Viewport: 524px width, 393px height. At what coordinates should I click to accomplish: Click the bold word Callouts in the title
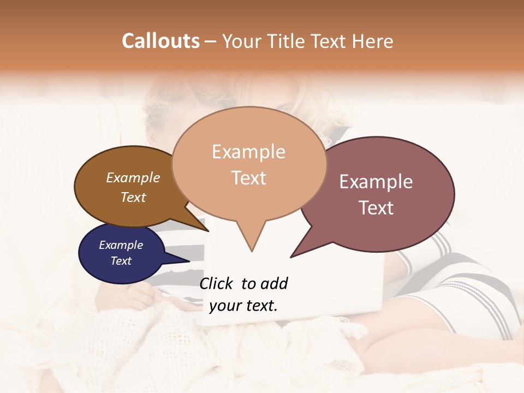(x=160, y=41)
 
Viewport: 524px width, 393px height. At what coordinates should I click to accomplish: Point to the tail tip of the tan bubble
(x=252, y=251)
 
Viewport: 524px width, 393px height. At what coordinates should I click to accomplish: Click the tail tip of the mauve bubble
(x=291, y=257)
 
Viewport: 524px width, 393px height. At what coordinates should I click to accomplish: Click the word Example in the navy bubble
(x=121, y=245)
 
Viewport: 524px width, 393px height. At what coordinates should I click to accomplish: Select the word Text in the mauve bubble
(x=377, y=208)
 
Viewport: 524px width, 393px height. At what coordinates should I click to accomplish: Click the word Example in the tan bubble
(x=248, y=152)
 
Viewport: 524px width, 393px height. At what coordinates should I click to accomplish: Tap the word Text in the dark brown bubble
(x=133, y=197)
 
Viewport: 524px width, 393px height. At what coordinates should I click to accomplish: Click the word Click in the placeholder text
(x=216, y=283)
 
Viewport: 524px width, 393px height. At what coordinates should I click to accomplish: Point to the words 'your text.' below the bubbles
(x=243, y=306)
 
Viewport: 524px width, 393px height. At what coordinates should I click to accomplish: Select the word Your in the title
(x=241, y=41)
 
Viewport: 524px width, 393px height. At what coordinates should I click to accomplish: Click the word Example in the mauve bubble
(x=376, y=182)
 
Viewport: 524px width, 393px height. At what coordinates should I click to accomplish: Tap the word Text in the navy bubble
(x=121, y=261)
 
